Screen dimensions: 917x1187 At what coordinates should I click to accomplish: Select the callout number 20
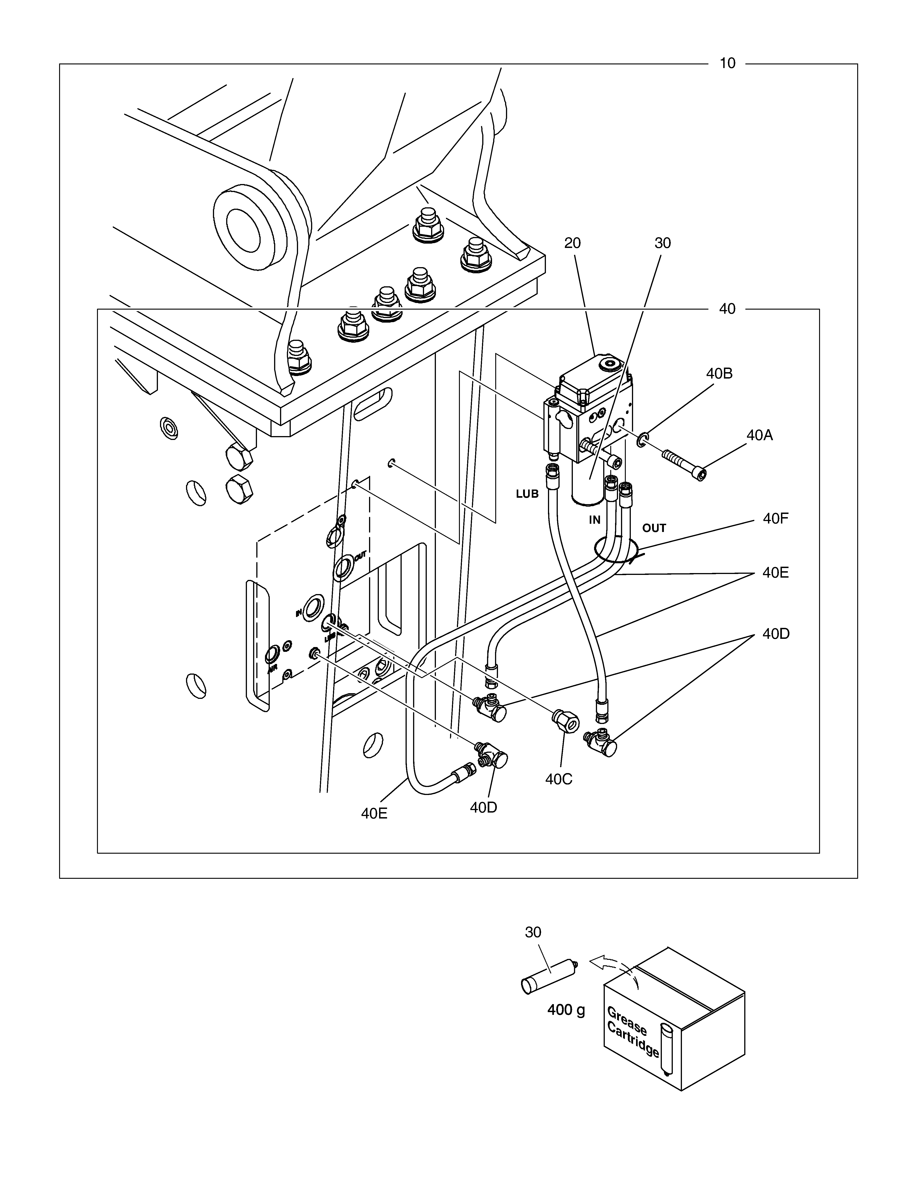click(x=573, y=243)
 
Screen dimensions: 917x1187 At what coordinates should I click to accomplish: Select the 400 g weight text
click(x=566, y=1010)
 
